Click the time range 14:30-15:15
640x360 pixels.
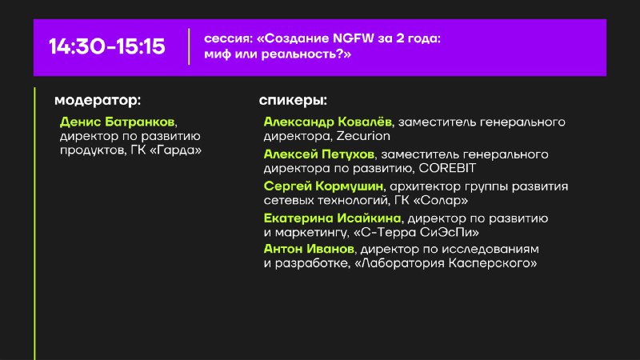107,46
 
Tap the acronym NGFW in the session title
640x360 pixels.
354,38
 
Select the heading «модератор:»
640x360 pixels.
98,101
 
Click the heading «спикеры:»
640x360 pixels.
293,101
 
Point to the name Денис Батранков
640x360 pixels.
117,122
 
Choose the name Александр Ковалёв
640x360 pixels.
327,122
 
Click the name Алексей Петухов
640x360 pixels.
318,154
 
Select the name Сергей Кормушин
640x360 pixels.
323,186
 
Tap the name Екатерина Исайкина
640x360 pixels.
332,218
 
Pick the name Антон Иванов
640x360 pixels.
309,249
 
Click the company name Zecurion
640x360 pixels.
363,136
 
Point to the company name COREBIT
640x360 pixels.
447,168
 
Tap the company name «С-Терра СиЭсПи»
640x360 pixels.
416,232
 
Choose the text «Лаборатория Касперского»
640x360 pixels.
446,263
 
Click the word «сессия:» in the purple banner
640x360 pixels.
229,38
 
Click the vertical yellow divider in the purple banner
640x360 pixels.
189,46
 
